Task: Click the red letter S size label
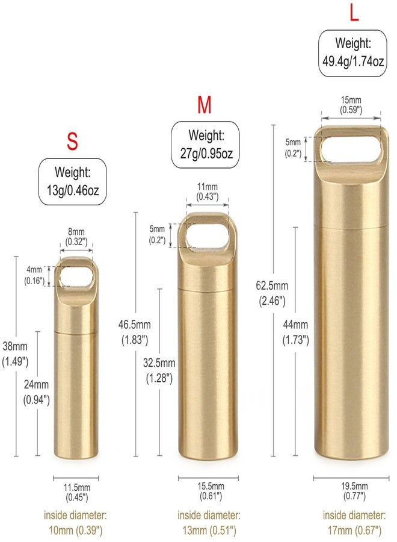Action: [x=72, y=142]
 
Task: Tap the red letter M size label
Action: [x=205, y=105]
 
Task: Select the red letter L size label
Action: [x=354, y=13]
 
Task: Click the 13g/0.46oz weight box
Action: [x=73, y=182]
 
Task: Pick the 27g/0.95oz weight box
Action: [x=206, y=145]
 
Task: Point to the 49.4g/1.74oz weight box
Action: [x=353, y=53]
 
